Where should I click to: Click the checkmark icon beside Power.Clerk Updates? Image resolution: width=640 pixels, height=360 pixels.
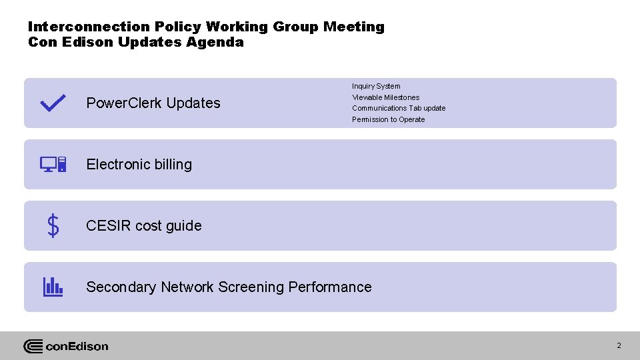coord(53,103)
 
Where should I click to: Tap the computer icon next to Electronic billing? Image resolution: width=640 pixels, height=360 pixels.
coord(53,164)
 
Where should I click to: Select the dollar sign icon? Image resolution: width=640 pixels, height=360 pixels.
coord(53,226)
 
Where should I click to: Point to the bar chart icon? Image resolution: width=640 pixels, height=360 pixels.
coord(53,287)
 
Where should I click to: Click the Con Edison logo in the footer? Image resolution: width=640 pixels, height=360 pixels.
coord(66,346)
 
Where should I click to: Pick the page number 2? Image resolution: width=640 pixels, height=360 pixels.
coord(619,345)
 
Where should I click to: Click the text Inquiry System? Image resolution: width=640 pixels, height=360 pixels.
coord(376,86)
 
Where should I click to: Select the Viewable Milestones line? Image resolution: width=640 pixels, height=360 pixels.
coord(385,97)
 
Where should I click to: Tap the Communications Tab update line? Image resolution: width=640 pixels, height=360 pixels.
coord(399,108)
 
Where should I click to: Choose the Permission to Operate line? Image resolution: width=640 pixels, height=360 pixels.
coord(388,119)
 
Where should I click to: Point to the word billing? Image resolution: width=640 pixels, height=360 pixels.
coord(175,165)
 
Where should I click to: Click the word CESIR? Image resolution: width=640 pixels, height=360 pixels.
coord(109,226)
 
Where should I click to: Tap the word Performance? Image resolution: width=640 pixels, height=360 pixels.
coord(330,287)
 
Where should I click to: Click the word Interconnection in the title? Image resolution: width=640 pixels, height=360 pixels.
coord(89,27)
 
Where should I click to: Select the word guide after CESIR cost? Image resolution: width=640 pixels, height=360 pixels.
coord(183,226)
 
